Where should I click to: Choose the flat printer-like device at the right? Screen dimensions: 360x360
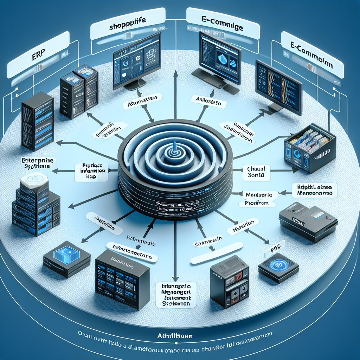click(308, 221)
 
